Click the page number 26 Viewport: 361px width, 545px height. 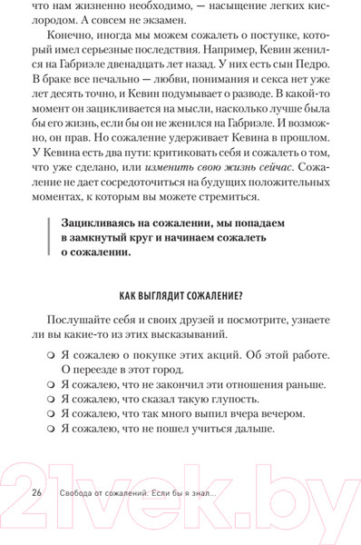coord(37,491)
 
